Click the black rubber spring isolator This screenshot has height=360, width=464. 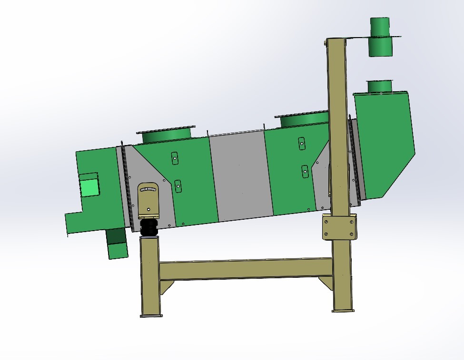click(x=149, y=227)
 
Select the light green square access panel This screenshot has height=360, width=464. click(x=89, y=186)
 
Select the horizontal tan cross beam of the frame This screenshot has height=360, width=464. click(x=245, y=269)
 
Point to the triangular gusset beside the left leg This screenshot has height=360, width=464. click(x=166, y=287)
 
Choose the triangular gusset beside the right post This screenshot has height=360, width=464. click(x=326, y=282)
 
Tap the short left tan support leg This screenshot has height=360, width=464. click(x=150, y=276)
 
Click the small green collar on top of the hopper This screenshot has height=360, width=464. click(x=379, y=86)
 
